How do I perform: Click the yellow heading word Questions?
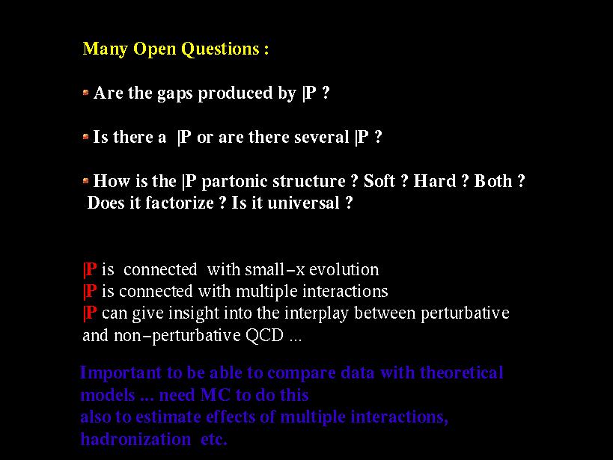click(x=220, y=49)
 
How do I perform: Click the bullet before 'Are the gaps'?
click(x=85, y=93)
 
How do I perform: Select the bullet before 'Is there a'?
click(x=85, y=137)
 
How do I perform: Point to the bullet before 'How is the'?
click(x=85, y=180)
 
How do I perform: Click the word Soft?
click(x=379, y=181)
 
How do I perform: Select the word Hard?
click(x=435, y=181)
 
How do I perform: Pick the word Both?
click(x=493, y=181)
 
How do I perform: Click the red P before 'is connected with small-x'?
click(x=90, y=270)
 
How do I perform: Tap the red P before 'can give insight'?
click(x=90, y=313)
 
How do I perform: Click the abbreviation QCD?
click(x=264, y=336)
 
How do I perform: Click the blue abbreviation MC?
click(x=215, y=395)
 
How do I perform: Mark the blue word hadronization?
click(x=135, y=439)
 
